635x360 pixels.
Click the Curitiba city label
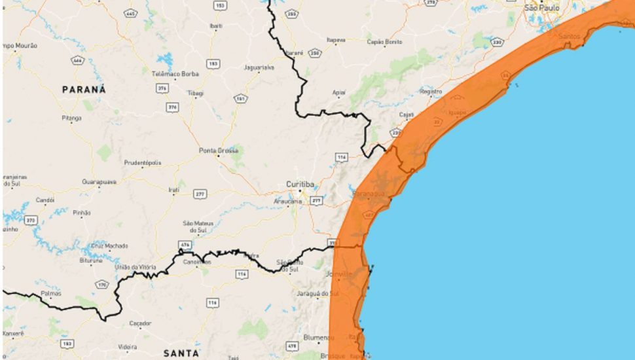tap(301, 184)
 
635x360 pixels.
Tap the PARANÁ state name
tap(84, 90)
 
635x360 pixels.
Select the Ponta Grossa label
tap(219, 151)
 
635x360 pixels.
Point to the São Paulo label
tap(540, 8)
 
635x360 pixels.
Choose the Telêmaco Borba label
tap(175, 74)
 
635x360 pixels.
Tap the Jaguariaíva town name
tap(259, 67)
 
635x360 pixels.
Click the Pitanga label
tap(71, 118)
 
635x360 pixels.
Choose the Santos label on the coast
tap(570, 36)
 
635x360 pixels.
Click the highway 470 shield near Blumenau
tap(293, 345)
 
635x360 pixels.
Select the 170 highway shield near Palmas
tap(102, 285)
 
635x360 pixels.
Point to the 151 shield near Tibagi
tap(241, 99)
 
